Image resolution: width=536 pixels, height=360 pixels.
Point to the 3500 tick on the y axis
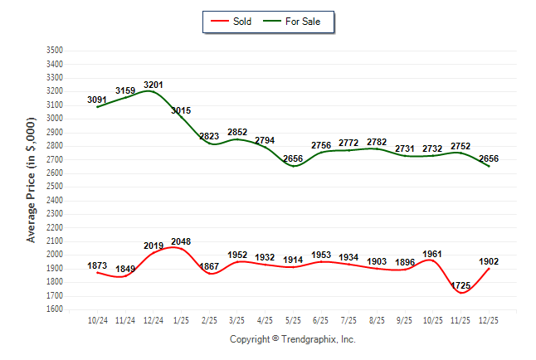[x=55, y=51]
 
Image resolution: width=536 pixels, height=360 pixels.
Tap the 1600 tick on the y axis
[x=55, y=309]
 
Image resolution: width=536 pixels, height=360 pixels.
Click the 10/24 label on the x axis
[x=98, y=319]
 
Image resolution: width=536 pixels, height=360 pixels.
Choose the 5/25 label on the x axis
[x=293, y=319]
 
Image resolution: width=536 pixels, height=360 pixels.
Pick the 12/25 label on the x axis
[x=489, y=319]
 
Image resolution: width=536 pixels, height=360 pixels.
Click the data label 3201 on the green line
[x=153, y=85]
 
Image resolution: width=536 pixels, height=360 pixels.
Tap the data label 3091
[x=97, y=100]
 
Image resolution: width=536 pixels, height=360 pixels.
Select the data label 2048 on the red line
[x=181, y=241]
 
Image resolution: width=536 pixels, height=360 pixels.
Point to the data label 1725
[x=460, y=285]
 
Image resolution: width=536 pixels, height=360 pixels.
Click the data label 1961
[x=433, y=254]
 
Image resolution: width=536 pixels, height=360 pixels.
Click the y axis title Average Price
[x=32, y=180]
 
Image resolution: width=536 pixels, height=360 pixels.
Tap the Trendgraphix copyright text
[x=292, y=339]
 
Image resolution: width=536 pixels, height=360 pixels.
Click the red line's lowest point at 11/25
[x=460, y=293]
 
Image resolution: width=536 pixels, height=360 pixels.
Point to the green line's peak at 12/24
[x=153, y=91]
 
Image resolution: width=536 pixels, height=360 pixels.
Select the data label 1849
[x=125, y=269]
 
